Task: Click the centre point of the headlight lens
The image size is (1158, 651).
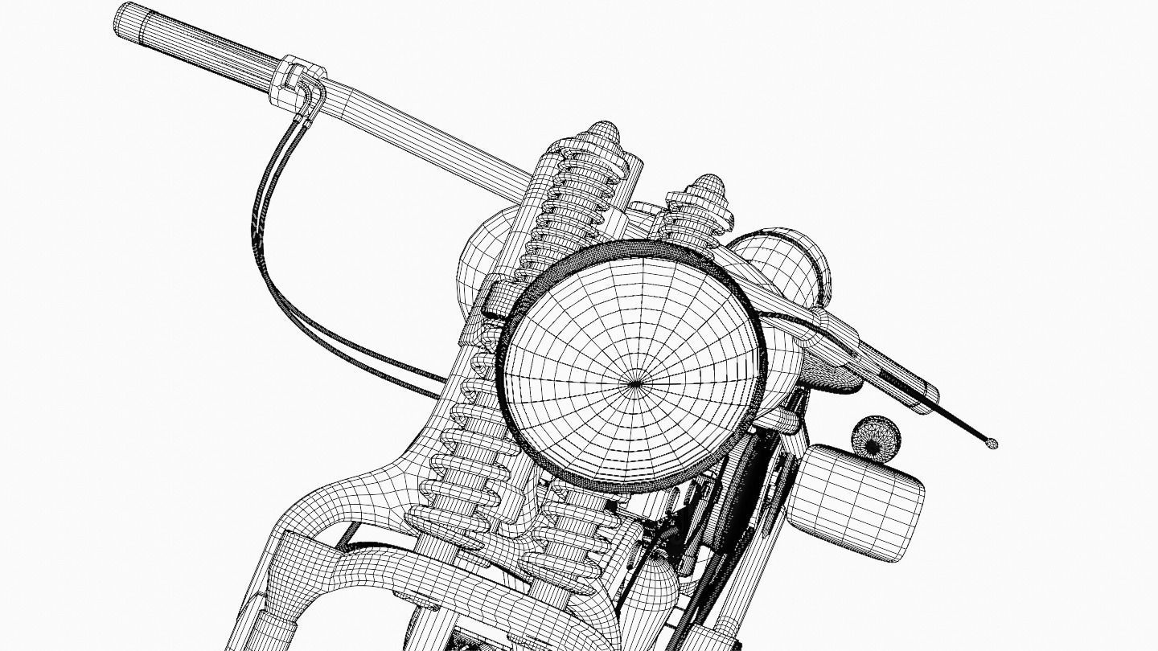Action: [x=636, y=383]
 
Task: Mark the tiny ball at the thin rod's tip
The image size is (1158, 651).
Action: [x=992, y=443]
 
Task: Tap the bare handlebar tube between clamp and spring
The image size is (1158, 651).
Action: [x=418, y=129]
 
